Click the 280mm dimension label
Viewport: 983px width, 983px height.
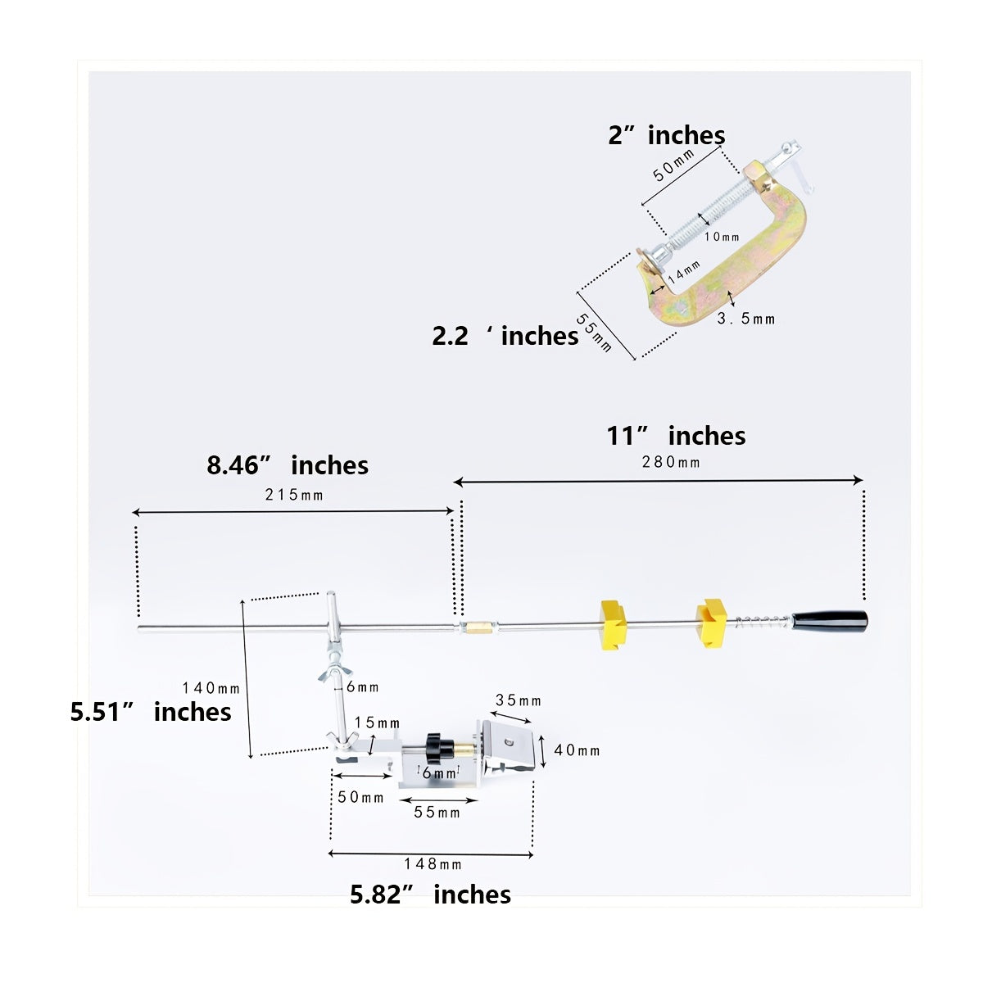(670, 462)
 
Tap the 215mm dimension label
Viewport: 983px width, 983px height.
(294, 495)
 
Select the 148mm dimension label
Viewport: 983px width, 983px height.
(433, 863)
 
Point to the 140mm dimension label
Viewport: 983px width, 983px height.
(211, 688)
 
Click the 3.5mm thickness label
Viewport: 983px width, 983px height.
(745, 319)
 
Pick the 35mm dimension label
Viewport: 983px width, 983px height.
(519, 700)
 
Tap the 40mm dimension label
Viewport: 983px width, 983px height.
(577, 750)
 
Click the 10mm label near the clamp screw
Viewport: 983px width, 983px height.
(722, 237)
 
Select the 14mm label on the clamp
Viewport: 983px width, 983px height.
(684, 272)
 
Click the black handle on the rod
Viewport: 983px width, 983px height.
(829, 621)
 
